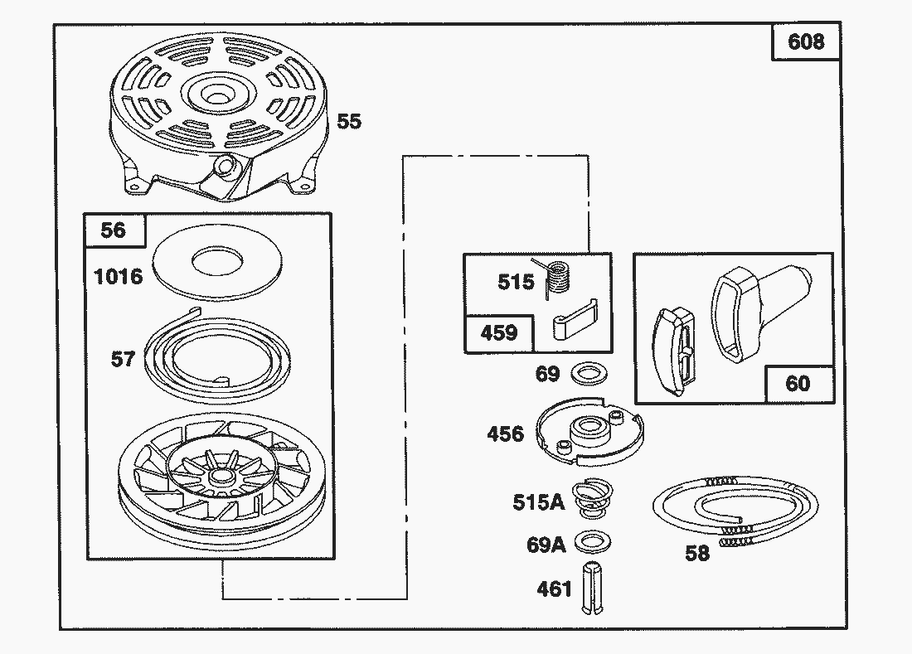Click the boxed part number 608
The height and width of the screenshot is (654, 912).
click(806, 41)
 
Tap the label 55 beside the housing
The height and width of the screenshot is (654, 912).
click(349, 121)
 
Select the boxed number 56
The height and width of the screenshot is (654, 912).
click(113, 230)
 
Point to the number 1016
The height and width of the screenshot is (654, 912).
click(119, 276)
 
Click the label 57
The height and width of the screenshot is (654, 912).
click(124, 359)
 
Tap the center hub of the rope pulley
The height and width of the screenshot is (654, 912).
click(222, 478)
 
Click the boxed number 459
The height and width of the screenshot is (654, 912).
click(499, 333)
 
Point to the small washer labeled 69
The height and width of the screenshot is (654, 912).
click(587, 374)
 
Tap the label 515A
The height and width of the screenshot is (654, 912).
click(538, 502)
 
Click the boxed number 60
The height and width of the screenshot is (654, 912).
click(798, 384)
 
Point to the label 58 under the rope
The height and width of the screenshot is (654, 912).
click(697, 554)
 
